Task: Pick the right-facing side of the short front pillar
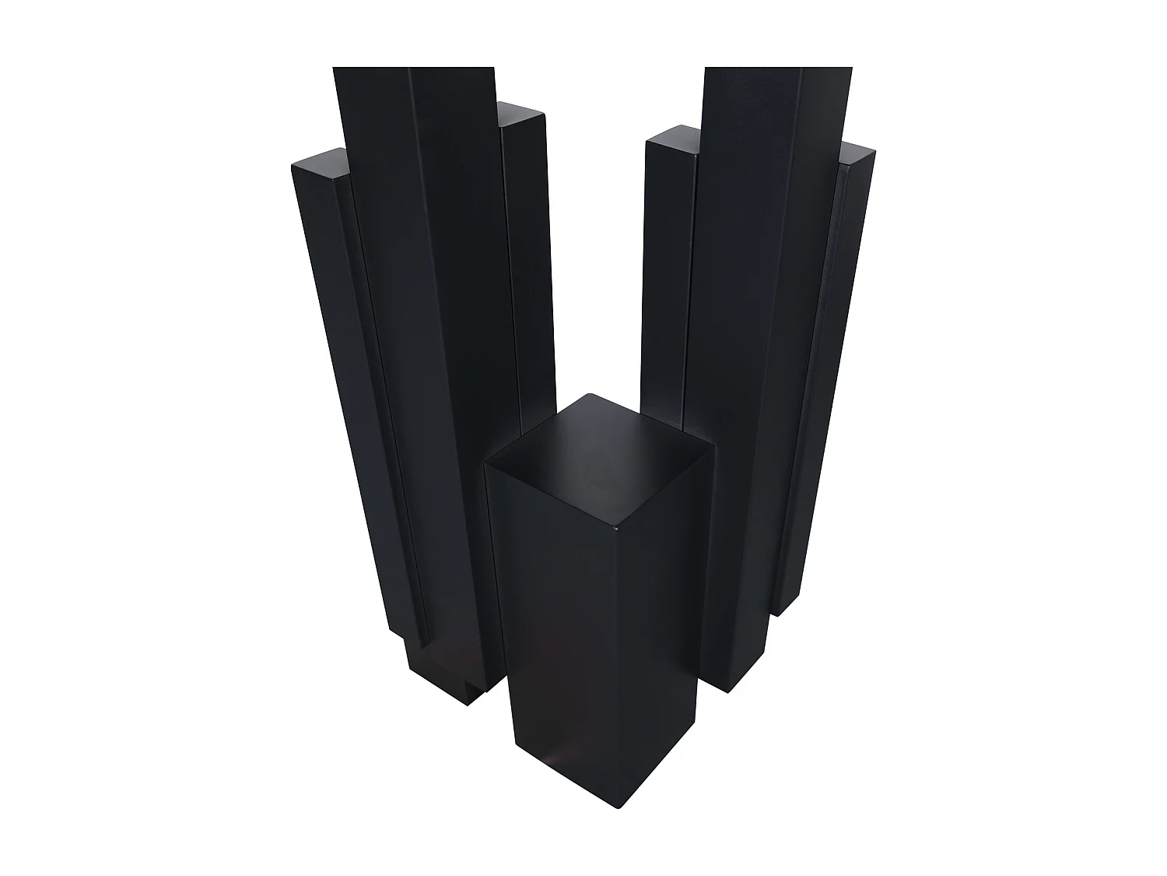(669, 607)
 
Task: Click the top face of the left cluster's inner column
(521, 115)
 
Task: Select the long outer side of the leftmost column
(350, 389)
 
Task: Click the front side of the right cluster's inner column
(665, 273)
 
